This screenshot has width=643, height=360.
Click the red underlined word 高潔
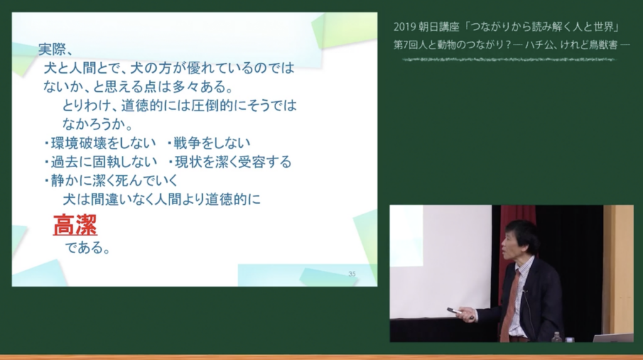click(75, 225)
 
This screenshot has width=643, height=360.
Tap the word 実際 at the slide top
click(52, 49)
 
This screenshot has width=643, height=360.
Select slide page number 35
click(352, 274)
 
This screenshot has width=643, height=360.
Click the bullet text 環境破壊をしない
click(103, 143)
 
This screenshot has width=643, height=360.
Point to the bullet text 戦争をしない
click(212, 143)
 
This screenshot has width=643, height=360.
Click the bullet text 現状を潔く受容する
click(233, 161)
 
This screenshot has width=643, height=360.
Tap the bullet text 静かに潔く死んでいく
click(114, 180)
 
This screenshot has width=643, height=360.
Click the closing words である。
click(87, 248)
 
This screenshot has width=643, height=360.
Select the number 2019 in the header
click(404, 27)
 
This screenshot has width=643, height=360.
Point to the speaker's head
click(519, 241)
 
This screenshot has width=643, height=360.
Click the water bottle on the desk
click(556, 337)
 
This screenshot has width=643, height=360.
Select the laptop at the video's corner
click(613, 338)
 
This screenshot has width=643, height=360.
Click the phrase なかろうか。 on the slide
click(97, 124)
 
